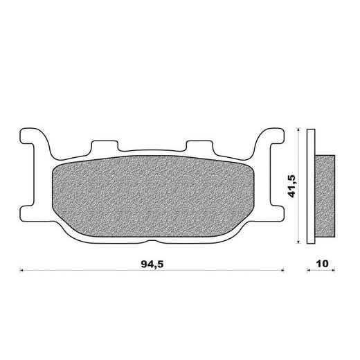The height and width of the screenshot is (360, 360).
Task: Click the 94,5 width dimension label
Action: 152,264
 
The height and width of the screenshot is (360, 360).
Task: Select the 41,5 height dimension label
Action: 291,186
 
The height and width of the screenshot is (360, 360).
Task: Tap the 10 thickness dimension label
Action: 322,263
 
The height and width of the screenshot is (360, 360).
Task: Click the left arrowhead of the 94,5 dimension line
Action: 21,270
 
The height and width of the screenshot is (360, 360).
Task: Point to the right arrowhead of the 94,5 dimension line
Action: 282,270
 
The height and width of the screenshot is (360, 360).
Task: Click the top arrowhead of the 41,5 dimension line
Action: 298,130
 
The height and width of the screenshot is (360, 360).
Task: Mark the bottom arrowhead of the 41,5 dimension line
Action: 298,242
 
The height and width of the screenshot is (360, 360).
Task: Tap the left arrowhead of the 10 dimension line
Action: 309,270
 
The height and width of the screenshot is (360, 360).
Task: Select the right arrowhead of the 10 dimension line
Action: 333,270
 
